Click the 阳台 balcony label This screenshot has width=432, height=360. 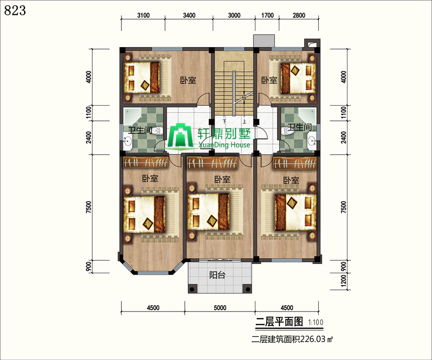point(217,275)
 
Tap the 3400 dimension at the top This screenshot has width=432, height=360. point(189,15)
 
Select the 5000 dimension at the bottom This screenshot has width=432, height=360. point(220,307)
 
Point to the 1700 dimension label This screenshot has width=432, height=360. point(267,15)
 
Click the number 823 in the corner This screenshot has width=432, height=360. point(15,11)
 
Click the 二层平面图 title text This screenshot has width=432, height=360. point(279,322)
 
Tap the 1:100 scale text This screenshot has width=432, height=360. point(316,322)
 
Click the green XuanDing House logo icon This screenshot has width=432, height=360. point(181,135)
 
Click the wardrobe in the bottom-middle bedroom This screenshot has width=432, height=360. point(212,163)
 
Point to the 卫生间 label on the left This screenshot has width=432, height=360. point(140,130)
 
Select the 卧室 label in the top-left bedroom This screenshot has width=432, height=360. point(188,80)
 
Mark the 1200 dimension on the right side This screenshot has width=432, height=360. point(344,281)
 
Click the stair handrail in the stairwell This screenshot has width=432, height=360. point(234,94)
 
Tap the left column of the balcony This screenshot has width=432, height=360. point(192,289)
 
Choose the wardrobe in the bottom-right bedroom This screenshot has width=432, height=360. point(295,163)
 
